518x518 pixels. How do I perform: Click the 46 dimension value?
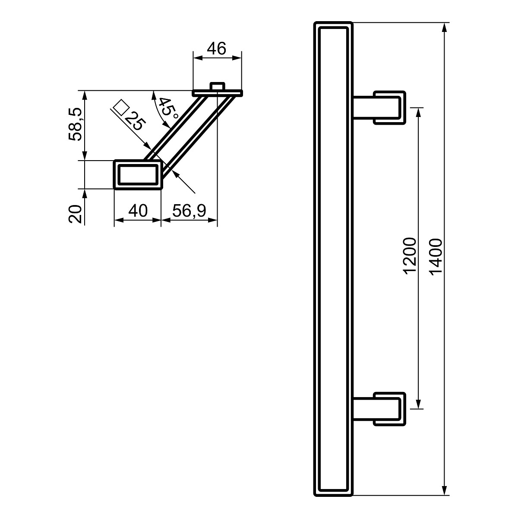217,49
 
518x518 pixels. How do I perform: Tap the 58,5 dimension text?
75,124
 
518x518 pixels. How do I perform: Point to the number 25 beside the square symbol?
136,121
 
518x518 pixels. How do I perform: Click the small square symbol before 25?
120,107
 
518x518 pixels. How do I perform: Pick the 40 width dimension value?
138,211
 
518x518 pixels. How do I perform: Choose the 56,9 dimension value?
189,211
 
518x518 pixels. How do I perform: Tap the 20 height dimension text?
75,214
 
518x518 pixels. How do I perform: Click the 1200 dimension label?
410,256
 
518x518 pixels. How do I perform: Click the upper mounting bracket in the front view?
379,107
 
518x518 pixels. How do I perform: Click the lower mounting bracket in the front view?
379,409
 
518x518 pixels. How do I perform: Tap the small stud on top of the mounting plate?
217,86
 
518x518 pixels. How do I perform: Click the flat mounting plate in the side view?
218,93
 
